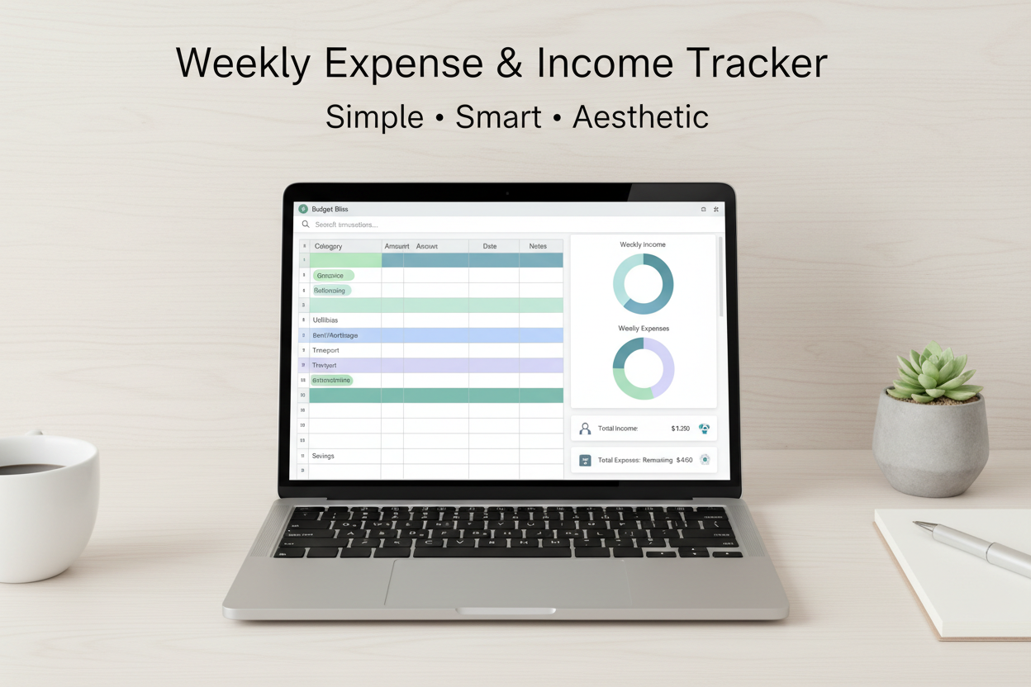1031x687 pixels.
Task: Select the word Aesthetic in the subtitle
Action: point(640,116)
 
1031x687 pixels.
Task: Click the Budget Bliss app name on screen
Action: point(330,210)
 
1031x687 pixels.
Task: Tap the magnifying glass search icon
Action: point(305,225)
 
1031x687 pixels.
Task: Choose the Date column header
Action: point(490,246)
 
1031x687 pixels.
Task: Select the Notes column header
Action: point(539,246)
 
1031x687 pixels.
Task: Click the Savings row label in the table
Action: point(323,456)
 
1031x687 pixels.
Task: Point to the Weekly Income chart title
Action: point(643,244)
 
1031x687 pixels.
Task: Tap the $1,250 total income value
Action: point(681,429)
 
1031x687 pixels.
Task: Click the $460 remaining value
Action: point(684,460)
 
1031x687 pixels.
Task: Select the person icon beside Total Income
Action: point(585,429)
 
